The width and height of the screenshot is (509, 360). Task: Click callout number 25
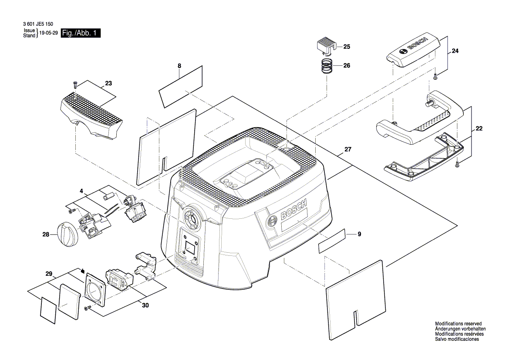click(347, 46)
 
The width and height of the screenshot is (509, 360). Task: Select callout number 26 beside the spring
click(347, 66)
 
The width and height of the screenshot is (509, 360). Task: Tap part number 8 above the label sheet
click(179, 66)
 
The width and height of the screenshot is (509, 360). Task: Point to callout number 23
click(108, 83)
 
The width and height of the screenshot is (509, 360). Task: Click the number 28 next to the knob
click(46, 234)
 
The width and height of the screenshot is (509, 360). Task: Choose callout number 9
click(359, 234)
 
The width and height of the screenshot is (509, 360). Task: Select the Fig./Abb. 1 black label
click(81, 34)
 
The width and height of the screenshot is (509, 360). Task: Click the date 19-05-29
click(48, 33)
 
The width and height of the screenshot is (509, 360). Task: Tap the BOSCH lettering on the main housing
click(294, 211)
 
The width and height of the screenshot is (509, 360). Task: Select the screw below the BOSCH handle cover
click(435, 77)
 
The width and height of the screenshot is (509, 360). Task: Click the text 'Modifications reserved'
click(458, 323)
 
